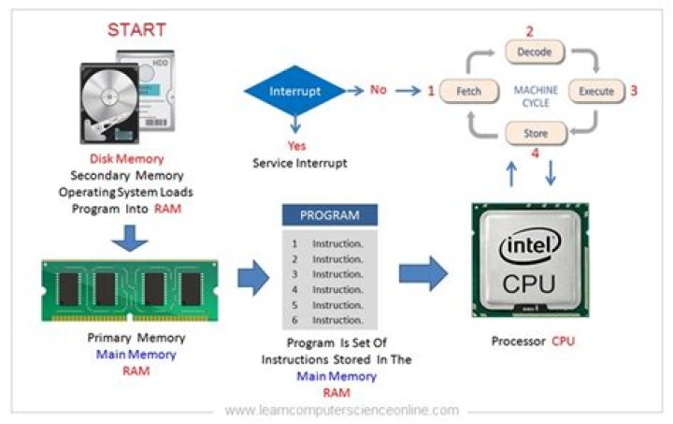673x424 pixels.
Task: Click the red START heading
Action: point(137,29)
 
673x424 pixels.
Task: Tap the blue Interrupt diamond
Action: point(295,92)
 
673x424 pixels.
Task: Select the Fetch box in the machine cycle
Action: point(468,92)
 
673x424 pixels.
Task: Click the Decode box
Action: point(534,52)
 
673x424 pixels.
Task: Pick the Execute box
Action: point(596,92)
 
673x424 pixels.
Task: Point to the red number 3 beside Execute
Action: point(633,92)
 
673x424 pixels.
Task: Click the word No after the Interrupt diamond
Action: point(378,91)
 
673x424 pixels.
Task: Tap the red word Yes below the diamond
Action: point(295,146)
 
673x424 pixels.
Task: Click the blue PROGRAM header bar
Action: point(329,215)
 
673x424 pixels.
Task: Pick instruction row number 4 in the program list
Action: point(327,289)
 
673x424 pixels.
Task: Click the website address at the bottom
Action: point(342,410)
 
